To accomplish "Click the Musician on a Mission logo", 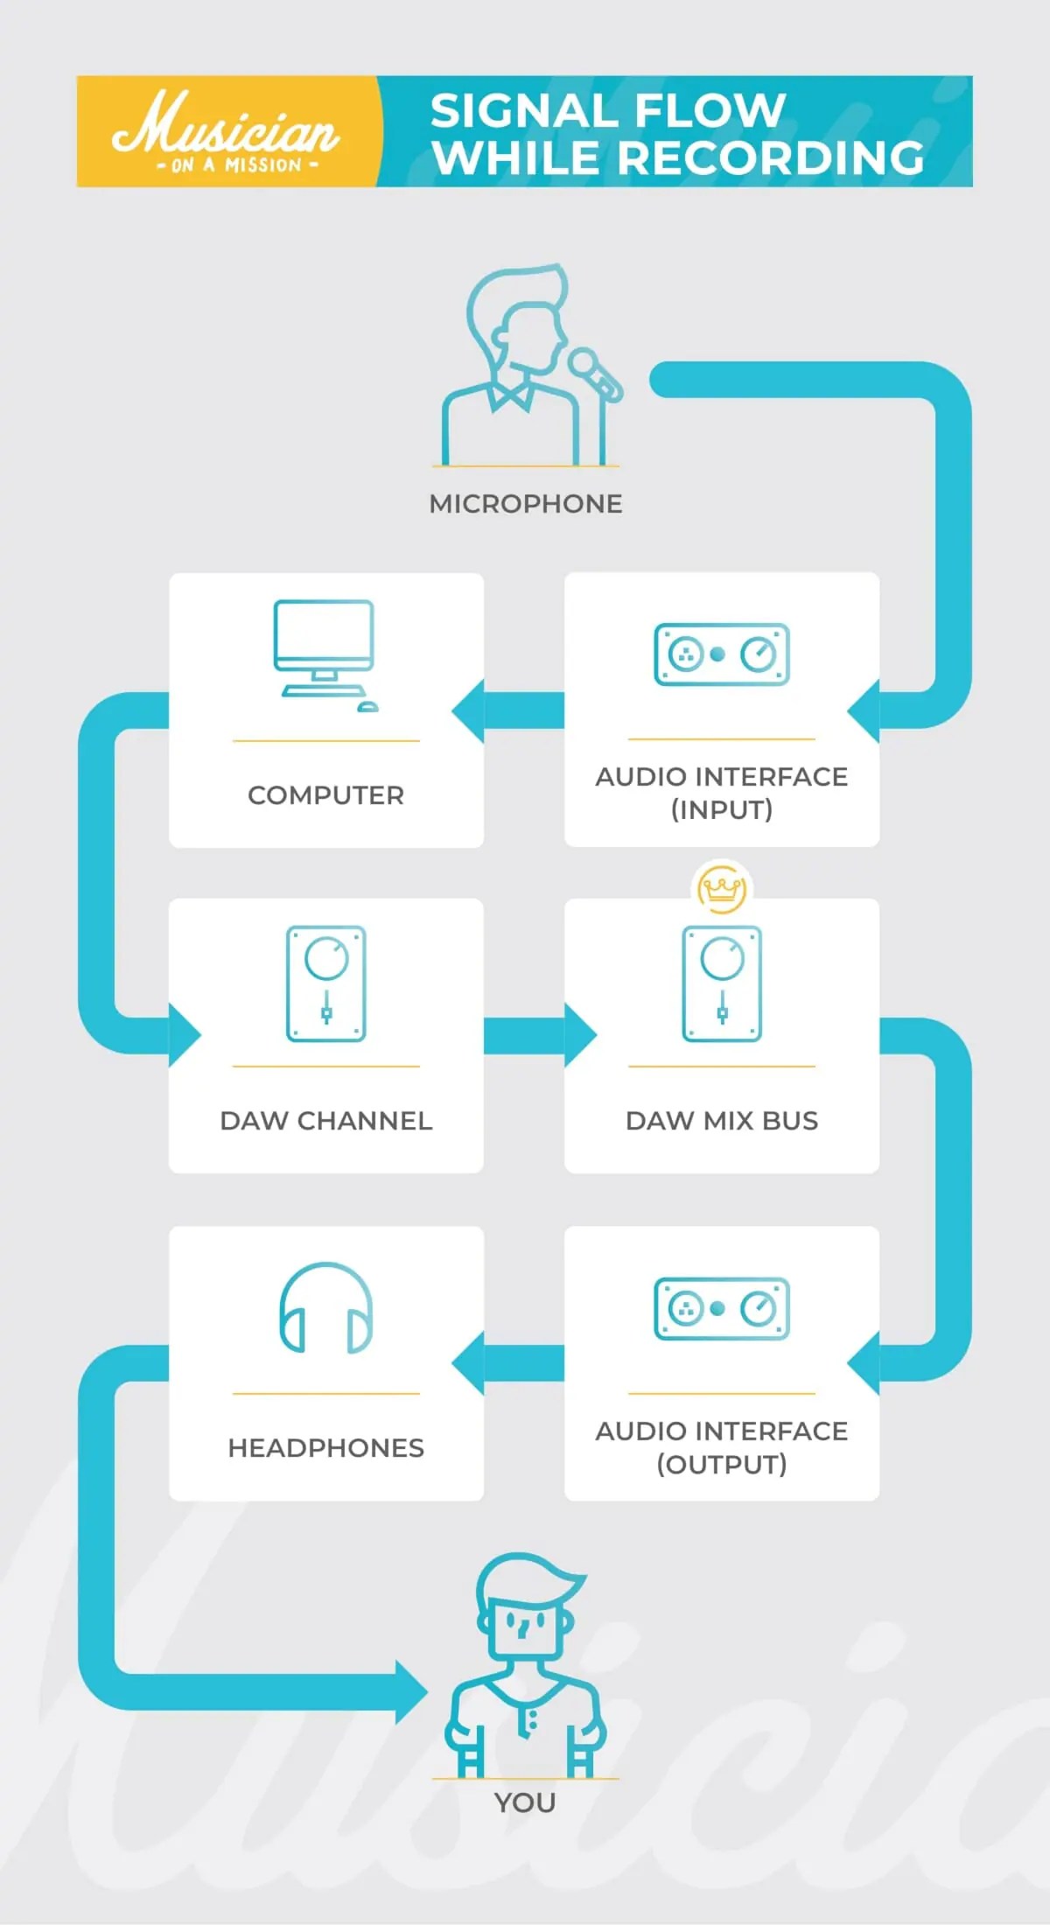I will point(226,131).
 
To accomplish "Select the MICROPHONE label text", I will point(526,504).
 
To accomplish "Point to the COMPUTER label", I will point(325,795).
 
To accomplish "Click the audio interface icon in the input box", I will point(722,654).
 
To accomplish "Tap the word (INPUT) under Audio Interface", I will point(722,810).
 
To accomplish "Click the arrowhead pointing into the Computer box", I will point(469,710).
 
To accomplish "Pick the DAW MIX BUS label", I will point(722,1121).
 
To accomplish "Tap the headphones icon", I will point(325,1309).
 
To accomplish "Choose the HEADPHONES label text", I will point(325,1448).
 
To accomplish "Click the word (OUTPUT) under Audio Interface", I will point(722,1465).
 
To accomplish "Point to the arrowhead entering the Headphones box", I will point(469,1363).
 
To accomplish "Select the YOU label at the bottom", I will point(525,1803).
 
